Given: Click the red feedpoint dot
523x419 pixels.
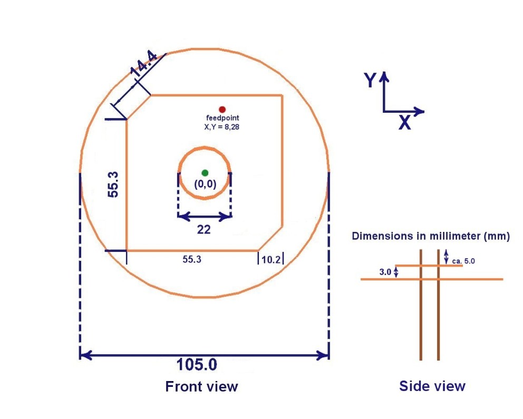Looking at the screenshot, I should pyautogui.click(x=222, y=109).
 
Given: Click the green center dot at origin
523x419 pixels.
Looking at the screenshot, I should pyautogui.click(x=205, y=173).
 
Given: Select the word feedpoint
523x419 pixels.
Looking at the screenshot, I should pyautogui.click(x=222, y=118).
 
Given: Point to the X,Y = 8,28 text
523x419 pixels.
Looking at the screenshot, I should pyautogui.click(x=222, y=126).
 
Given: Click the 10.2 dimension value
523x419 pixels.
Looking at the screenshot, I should pyautogui.click(x=270, y=259).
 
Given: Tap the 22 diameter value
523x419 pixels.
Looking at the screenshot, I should pyautogui.click(x=204, y=230).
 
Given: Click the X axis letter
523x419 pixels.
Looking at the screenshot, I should pyautogui.click(x=404, y=123).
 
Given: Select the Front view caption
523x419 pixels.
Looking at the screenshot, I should pyautogui.click(x=201, y=386).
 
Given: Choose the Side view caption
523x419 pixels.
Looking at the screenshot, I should pyautogui.click(x=432, y=386).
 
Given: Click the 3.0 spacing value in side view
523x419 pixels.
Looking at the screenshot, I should pyautogui.click(x=385, y=272).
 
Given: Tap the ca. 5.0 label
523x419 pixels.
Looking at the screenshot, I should pyautogui.click(x=464, y=260).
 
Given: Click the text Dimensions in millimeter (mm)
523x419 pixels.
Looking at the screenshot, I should pyautogui.click(x=431, y=237).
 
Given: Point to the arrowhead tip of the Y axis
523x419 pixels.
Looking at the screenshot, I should pyautogui.click(x=384, y=72).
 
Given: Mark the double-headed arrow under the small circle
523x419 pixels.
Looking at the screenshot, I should pyautogui.click(x=205, y=216).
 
